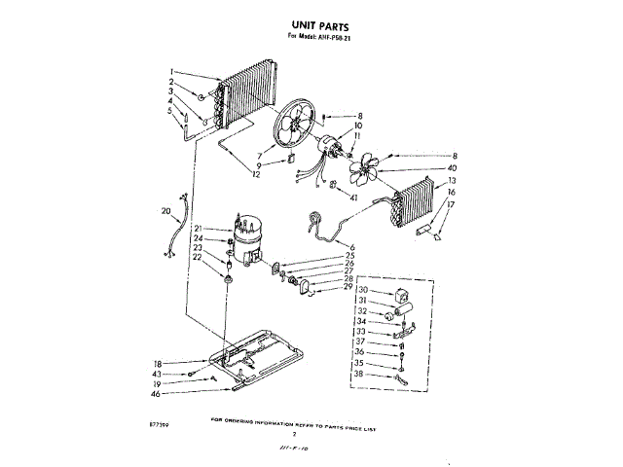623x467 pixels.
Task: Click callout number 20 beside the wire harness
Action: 165,210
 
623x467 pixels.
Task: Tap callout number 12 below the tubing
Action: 256,175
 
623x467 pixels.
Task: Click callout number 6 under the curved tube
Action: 352,248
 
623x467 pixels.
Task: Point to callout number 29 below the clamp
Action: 347,287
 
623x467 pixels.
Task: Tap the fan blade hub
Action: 359,172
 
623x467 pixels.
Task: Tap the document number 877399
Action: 162,425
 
